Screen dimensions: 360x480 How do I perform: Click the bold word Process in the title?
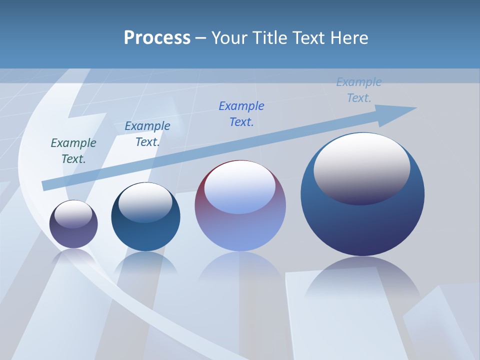pyautogui.click(x=157, y=38)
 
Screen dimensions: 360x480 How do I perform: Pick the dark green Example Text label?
pyautogui.click(x=73, y=150)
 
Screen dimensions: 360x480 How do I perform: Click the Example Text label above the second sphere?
pyautogui.click(x=147, y=134)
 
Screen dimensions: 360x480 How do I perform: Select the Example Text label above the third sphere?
pyautogui.click(x=241, y=113)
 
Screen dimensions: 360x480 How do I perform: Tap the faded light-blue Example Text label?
pyautogui.click(x=359, y=90)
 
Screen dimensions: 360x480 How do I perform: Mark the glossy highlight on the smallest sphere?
pyautogui.click(x=73, y=214)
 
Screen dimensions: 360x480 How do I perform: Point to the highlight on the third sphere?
pyautogui.click(x=239, y=187)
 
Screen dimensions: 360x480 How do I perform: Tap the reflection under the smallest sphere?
pyautogui.click(x=73, y=257)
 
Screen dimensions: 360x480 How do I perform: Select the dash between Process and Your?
pyautogui.click(x=201, y=38)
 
